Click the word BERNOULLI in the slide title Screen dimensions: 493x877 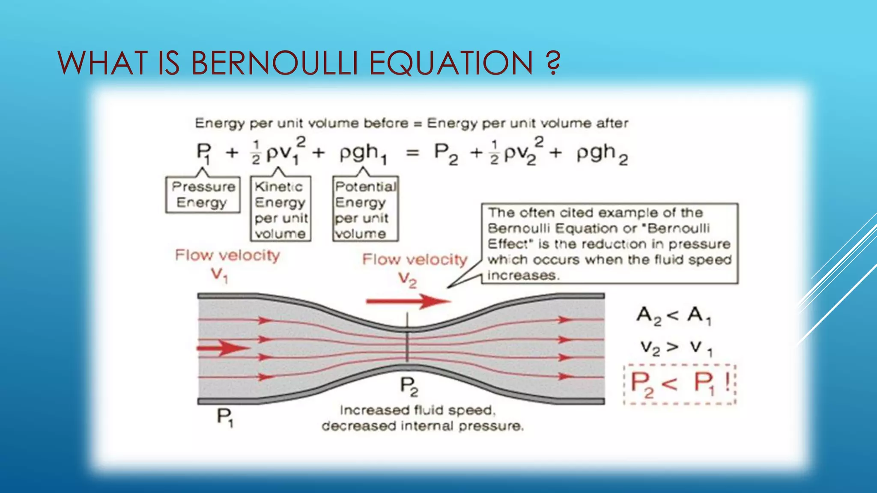274,63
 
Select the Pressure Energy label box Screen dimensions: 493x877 203,195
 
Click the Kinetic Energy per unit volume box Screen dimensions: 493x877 280,209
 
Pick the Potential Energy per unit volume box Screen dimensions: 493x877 365,209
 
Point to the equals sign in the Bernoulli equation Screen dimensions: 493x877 412,153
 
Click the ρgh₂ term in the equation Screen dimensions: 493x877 602,154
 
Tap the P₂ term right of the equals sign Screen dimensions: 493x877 446,153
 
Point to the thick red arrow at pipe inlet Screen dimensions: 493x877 223,348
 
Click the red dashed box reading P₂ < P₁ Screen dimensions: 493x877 679,384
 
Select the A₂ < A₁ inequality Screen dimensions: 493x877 674,316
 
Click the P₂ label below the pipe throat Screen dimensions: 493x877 409,386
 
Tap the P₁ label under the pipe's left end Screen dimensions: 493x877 225,417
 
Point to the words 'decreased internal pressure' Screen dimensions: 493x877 422,426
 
